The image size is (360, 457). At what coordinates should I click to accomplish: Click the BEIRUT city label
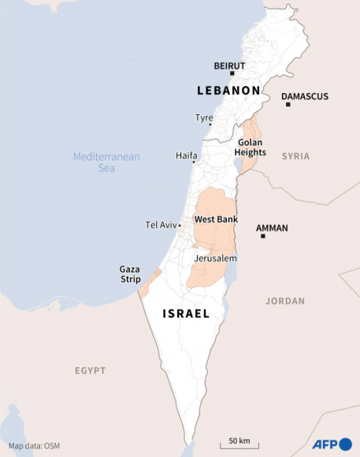230,65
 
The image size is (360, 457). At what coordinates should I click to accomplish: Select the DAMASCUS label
305,96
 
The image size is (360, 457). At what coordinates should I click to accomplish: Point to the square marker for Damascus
288,104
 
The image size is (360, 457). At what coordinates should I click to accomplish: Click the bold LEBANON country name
228,91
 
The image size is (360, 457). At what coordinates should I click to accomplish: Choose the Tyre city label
204,118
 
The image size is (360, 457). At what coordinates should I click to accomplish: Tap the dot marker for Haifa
194,162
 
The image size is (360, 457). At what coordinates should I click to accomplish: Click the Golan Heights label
251,147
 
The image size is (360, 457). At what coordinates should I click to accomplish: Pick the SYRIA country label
296,157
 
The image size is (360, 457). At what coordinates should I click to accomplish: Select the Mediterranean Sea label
106,162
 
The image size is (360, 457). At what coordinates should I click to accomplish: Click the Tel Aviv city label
161,225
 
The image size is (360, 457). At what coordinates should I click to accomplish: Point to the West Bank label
216,219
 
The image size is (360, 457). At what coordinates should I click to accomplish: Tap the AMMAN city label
272,228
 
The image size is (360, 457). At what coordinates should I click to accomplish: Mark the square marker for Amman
262,236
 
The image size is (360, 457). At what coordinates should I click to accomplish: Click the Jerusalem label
215,258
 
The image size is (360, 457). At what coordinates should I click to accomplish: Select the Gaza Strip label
130,273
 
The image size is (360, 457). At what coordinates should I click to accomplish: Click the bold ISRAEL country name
186,314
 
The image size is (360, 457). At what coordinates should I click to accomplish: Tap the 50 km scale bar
239,444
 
